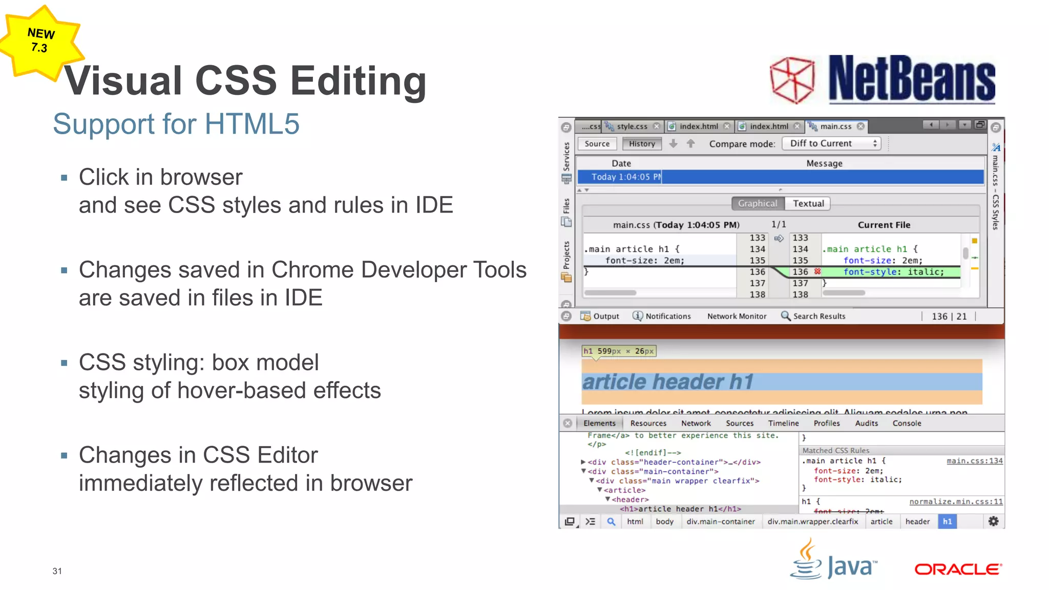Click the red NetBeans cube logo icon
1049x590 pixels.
(792, 80)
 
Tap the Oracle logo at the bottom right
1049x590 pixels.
(958, 569)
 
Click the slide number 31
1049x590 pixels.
(57, 571)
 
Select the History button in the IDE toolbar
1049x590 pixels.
(642, 144)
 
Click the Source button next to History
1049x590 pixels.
(597, 144)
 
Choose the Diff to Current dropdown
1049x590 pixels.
(831, 143)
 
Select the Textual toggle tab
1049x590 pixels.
(808, 203)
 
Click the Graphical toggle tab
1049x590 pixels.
(758, 203)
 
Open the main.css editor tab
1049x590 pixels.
(835, 127)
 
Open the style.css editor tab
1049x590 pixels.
(632, 127)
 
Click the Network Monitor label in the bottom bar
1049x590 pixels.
(737, 317)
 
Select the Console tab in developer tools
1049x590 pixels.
(907, 424)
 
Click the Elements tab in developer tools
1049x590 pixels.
(599, 424)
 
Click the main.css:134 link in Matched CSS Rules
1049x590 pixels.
(974, 461)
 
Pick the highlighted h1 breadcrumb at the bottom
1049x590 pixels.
(947, 522)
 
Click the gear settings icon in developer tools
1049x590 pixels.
(993, 521)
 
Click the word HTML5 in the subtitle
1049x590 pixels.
(251, 124)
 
